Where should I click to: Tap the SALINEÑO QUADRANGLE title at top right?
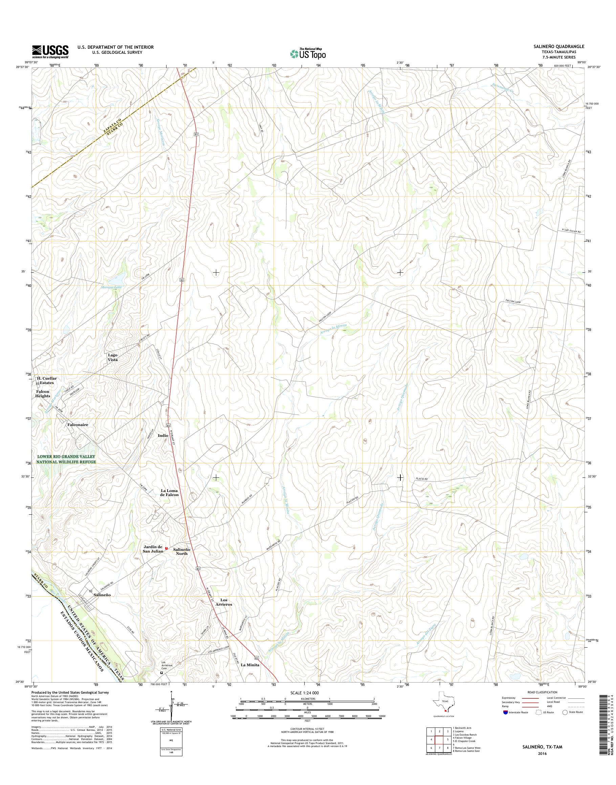(559, 46)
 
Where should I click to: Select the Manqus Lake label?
(112, 287)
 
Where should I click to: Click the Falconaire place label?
(78, 425)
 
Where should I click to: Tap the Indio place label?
(163, 435)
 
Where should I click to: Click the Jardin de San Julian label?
(153, 549)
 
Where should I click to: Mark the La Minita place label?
(250, 665)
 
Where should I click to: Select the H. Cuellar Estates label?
(47, 380)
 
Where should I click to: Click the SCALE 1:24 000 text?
(304, 693)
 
